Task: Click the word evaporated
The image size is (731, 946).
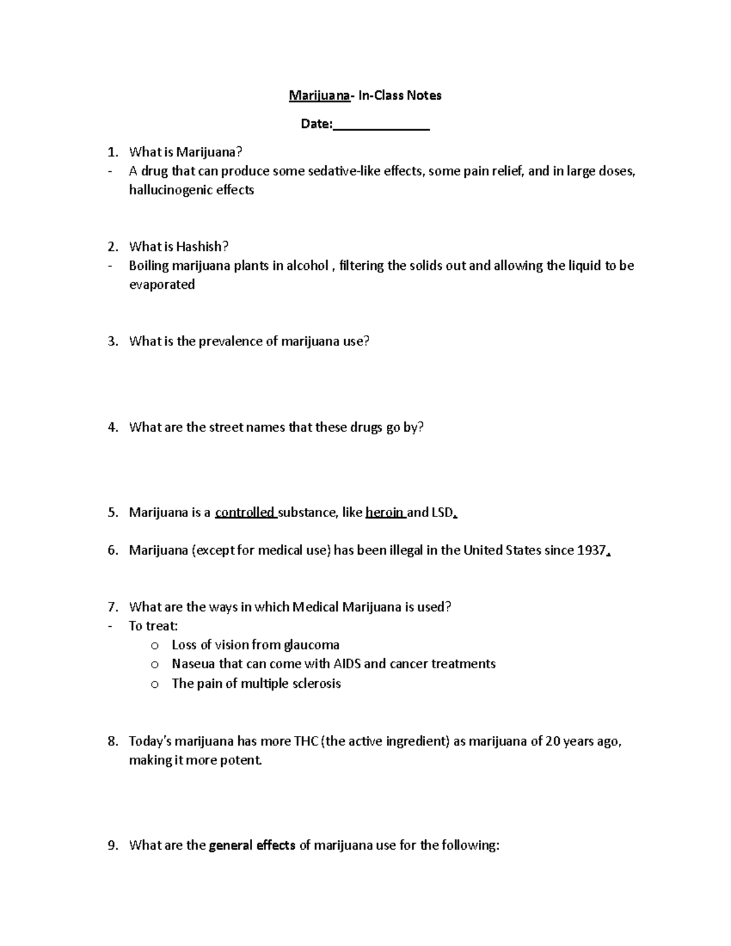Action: point(161,284)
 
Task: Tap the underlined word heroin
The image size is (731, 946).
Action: point(385,512)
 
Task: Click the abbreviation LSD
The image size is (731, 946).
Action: point(442,512)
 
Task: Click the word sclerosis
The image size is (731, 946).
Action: point(316,683)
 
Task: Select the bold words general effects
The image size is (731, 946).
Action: point(252,845)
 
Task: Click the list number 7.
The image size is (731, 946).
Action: point(112,607)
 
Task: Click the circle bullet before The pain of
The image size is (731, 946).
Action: point(155,684)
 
